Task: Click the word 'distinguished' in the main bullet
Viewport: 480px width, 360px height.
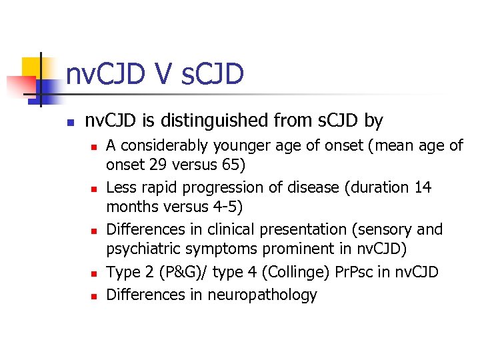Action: [x=217, y=121]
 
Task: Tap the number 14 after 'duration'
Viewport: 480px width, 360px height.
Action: [x=423, y=187]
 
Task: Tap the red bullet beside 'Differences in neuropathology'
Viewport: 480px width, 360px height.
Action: [x=94, y=295]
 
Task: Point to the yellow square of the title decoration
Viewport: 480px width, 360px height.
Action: [x=35, y=67]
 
